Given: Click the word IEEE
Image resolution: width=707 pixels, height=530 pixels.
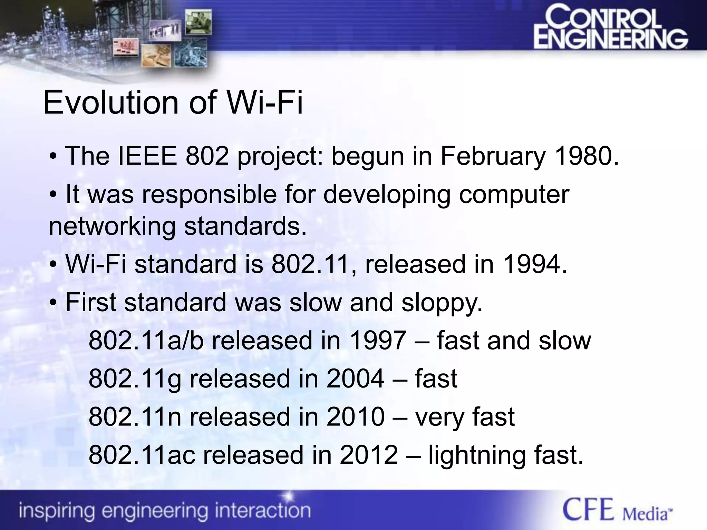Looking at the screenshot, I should tap(148, 156).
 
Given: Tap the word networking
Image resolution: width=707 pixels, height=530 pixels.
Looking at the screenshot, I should tap(112, 227).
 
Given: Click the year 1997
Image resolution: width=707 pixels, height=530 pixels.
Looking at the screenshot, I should tap(378, 341).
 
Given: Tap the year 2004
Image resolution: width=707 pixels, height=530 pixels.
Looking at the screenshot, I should tap(355, 379).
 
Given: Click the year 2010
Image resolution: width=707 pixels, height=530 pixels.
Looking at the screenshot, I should tap(355, 417).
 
